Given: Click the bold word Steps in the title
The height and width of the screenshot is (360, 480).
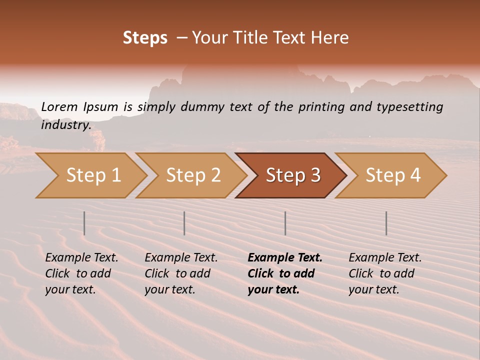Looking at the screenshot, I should tap(145, 38).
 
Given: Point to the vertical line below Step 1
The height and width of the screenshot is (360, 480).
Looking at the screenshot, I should tap(84, 223).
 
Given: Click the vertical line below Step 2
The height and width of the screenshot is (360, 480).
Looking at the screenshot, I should tap(184, 223).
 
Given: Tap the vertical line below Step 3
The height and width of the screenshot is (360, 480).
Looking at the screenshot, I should tap(285, 223).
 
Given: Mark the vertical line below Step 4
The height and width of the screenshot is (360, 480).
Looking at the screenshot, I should tap(386, 223).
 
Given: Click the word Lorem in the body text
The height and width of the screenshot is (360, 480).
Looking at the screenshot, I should tap(59, 107).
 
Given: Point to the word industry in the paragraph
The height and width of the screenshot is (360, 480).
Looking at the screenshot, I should tap(65, 125).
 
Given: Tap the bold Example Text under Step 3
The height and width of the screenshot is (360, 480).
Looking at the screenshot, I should tap(285, 258).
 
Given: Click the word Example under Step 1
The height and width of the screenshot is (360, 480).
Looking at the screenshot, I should tap(67, 258).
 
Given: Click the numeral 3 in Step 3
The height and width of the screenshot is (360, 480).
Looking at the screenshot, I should tap(315, 175).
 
